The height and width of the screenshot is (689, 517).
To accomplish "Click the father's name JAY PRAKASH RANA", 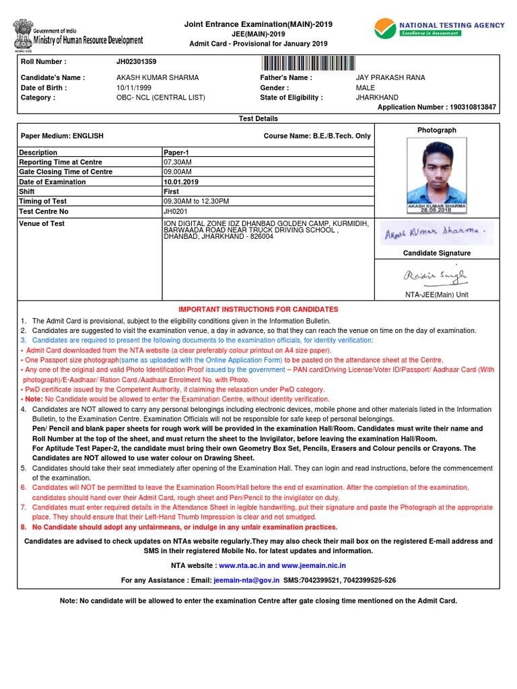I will (390, 77).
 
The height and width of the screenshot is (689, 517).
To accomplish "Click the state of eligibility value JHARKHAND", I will (377, 98).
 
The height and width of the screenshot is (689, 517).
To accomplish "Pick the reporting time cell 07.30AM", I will (178, 162).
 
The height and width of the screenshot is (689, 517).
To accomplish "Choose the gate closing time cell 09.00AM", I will (178, 172).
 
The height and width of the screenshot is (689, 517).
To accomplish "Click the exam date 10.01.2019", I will (181, 182).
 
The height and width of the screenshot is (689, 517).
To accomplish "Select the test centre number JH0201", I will (174, 211).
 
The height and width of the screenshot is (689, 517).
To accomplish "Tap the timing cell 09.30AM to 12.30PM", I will (197, 201).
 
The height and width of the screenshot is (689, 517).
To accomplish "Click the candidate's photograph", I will (436, 175).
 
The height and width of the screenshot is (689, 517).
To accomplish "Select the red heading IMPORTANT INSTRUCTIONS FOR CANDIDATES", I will (258, 310).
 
